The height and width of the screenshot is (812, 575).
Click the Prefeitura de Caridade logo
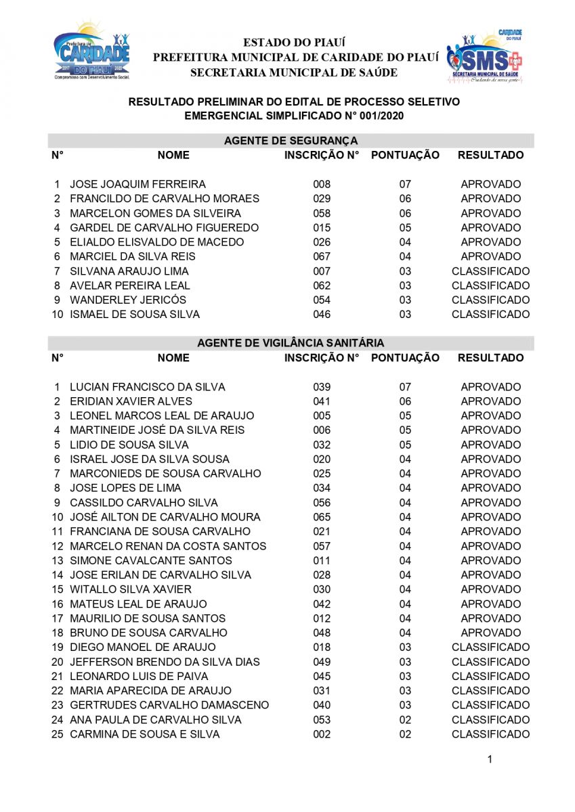(x=91, y=52)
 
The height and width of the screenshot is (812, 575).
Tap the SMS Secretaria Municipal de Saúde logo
(x=484, y=55)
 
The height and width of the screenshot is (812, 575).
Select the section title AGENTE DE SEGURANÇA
(x=291, y=141)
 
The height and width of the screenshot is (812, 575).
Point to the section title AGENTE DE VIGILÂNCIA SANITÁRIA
(x=291, y=344)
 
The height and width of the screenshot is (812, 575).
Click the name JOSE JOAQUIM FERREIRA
(x=137, y=184)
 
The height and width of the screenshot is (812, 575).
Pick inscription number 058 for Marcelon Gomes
(x=322, y=213)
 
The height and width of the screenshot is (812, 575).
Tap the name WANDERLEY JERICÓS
(x=128, y=300)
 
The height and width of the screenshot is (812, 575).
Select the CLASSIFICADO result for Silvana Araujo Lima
(x=490, y=271)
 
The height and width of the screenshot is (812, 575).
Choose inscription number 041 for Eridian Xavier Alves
(x=322, y=401)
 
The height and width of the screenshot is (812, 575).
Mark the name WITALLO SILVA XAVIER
(x=131, y=589)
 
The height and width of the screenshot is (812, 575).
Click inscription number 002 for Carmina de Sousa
(x=322, y=734)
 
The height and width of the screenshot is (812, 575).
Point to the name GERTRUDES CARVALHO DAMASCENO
(x=169, y=705)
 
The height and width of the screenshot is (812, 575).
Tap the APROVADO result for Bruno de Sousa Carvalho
(x=490, y=633)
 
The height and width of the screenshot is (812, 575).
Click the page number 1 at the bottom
(x=490, y=760)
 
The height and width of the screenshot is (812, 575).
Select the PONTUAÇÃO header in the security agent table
(x=405, y=155)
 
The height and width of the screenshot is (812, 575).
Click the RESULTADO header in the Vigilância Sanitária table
(x=490, y=358)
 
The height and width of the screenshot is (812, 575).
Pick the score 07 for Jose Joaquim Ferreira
(x=405, y=184)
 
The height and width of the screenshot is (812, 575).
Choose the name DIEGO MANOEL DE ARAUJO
(x=143, y=647)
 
